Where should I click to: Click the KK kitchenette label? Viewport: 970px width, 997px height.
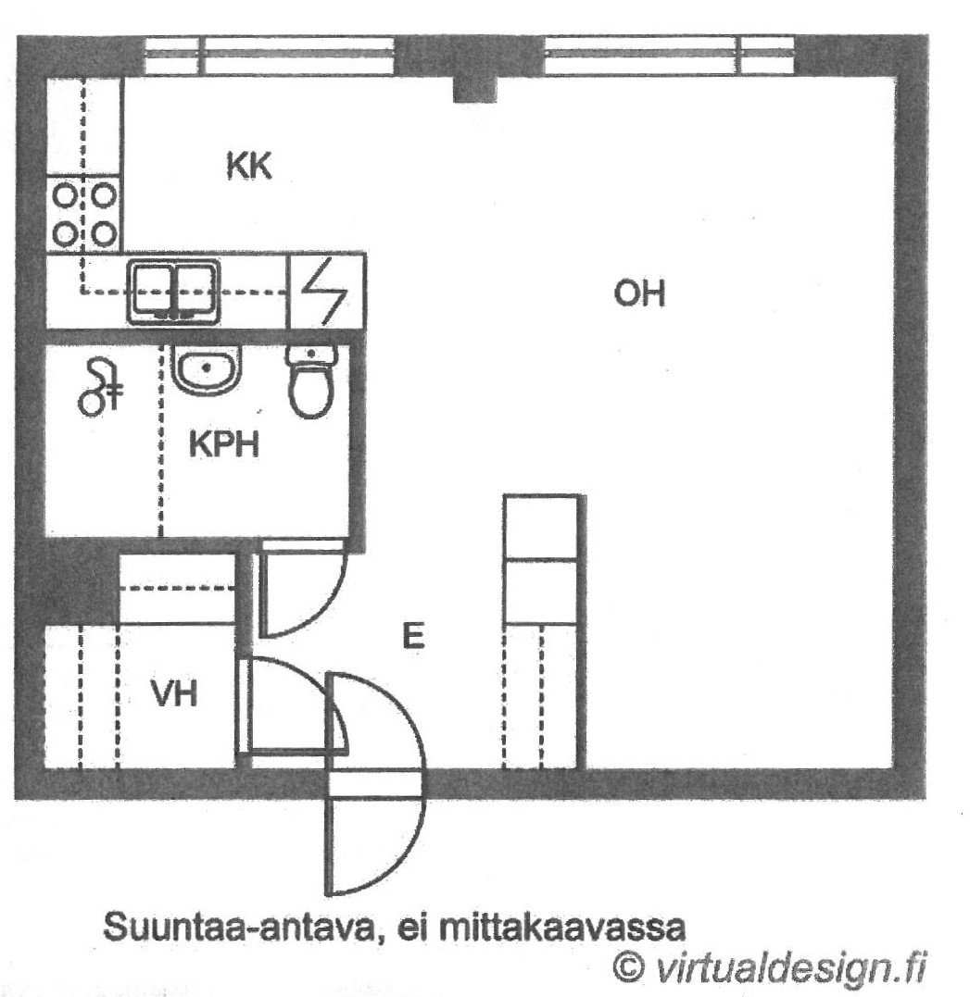click(x=249, y=166)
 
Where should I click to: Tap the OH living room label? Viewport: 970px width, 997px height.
click(x=639, y=293)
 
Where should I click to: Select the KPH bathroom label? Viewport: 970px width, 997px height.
click(x=224, y=444)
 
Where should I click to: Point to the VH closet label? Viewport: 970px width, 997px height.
click(x=174, y=693)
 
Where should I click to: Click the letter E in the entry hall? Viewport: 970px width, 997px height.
click(x=414, y=635)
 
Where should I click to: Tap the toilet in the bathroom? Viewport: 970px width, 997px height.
click(x=310, y=381)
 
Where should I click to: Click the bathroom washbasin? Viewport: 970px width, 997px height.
click(x=207, y=369)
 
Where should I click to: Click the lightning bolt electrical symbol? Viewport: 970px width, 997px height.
click(x=324, y=292)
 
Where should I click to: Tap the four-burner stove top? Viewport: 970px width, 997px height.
click(x=84, y=214)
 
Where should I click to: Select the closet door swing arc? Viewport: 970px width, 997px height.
click(x=312, y=687)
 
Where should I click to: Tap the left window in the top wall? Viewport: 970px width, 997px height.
click(x=270, y=56)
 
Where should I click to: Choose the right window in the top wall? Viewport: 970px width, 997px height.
click(x=670, y=55)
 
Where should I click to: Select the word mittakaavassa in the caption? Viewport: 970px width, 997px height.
click(x=562, y=928)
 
